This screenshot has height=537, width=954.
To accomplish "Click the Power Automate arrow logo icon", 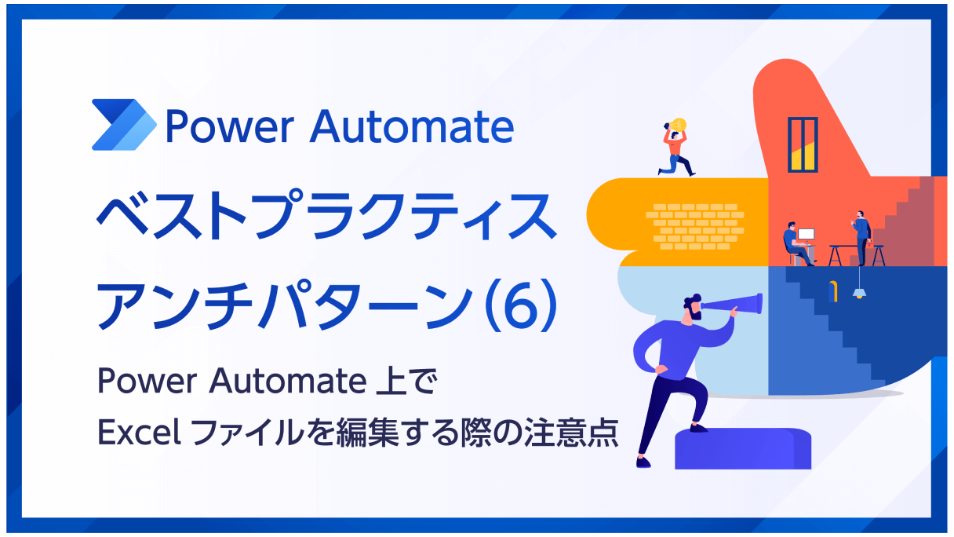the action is pos(124,125).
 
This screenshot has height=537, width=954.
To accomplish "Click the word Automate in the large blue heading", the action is pos(412,126).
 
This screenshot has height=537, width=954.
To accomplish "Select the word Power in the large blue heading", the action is pos(230,126).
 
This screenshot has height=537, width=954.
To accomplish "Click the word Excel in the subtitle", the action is pos(140,432).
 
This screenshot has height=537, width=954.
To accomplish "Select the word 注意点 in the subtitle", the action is pos(572,432).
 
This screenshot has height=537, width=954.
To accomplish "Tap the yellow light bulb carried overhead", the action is pos(678,126).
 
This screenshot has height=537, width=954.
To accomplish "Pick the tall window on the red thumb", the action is pos(803,144).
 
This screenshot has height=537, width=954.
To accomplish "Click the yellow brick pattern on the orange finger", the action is pos(695,226).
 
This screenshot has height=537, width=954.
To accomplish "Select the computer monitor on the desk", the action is pos(806,235).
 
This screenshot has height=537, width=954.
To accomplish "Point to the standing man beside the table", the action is pos(861,237).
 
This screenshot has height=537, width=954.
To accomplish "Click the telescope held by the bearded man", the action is pos(732,305).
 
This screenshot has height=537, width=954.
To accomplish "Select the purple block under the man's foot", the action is pos(743,448).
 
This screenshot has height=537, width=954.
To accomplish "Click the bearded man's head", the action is pos(693,307).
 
